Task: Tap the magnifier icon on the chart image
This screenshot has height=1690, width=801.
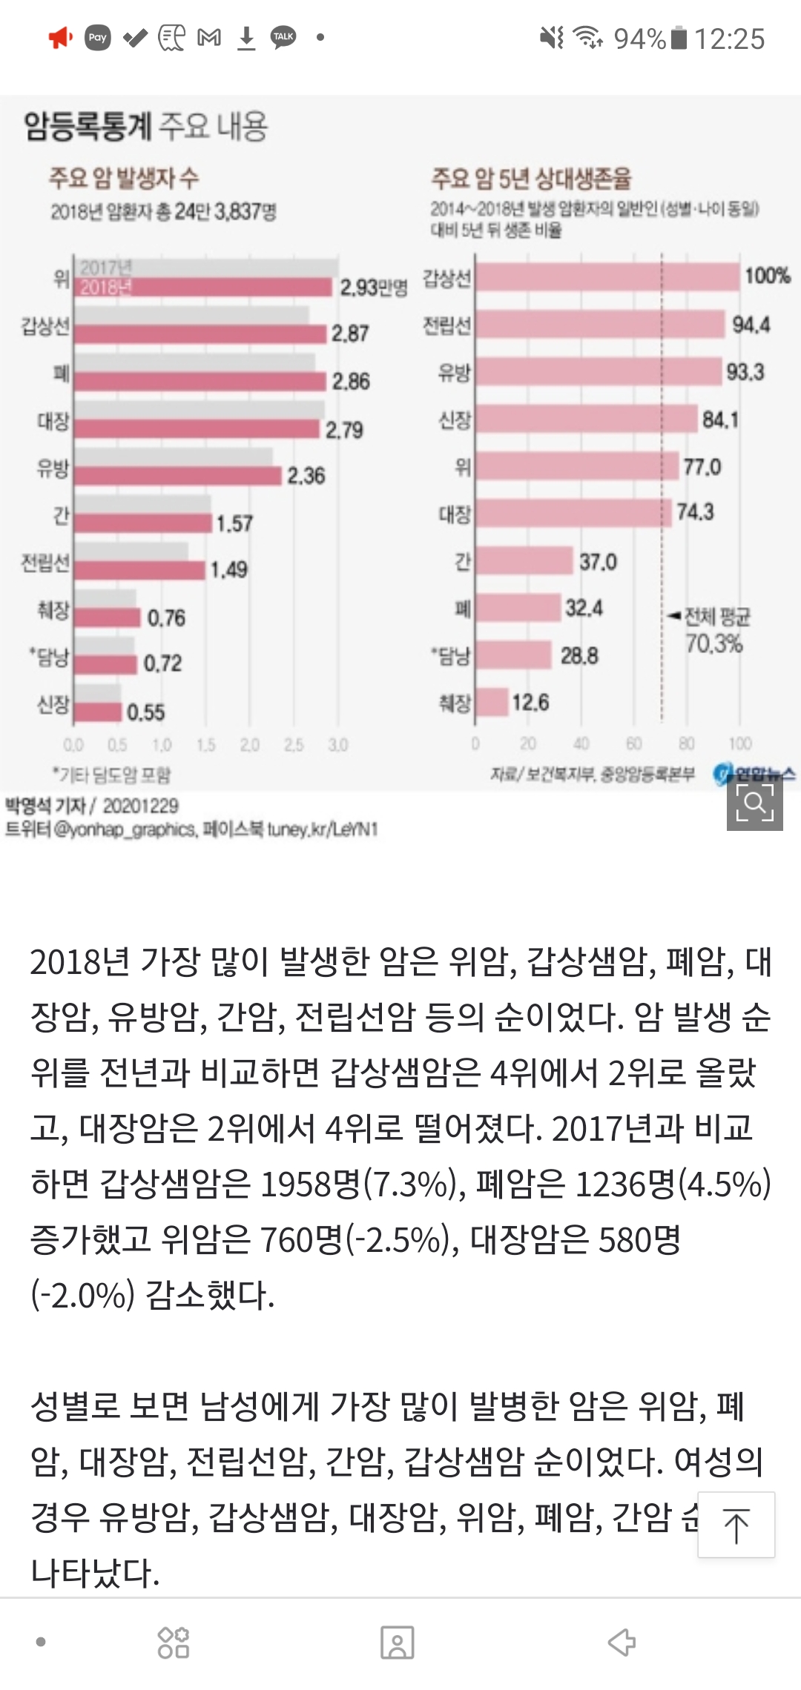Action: tap(754, 802)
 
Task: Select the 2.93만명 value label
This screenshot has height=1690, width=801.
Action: tap(373, 287)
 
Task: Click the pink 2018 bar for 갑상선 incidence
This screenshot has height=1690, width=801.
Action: tap(200, 334)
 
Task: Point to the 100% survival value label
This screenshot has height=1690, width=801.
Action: tap(767, 276)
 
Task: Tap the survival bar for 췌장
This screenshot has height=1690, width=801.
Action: tap(492, 702)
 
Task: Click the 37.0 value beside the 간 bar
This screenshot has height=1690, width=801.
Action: tap(598, 562)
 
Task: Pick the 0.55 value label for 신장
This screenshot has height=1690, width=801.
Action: tap(145, 712)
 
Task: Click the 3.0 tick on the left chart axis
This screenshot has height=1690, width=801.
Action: tap(337, 744)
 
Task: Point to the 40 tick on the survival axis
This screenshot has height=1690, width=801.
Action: tap(581, 743)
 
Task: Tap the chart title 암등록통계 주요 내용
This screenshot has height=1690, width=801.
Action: tap(145, 126)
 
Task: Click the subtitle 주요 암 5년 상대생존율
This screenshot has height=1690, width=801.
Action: tap(531, 178)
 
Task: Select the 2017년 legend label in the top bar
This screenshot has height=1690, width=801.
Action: tap(105, 268)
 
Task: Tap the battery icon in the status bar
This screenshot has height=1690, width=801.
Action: tap(679, 38)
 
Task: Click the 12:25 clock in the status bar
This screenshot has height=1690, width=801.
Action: tap(730, 39)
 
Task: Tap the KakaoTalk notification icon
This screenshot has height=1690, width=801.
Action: tap(283, 37)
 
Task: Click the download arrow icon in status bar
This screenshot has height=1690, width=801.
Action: tap(246, 38)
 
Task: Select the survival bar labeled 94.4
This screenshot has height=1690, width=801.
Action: tap(599, 325)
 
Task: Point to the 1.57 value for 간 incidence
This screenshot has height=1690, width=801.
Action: tap(234, 523)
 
